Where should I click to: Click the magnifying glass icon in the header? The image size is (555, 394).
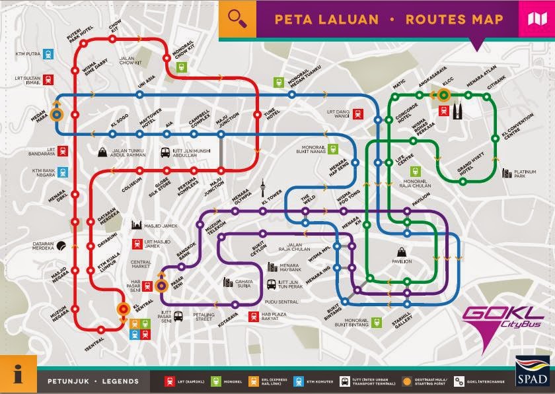tap(237, 18)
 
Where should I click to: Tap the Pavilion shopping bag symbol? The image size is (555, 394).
tap(401, 251)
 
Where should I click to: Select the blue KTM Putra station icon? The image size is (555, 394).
tap(48, 53)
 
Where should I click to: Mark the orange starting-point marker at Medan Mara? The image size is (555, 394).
tap(56, 114)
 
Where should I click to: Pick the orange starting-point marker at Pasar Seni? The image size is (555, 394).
tap(161, 285)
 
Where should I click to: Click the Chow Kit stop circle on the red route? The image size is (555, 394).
tap(112, 39)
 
